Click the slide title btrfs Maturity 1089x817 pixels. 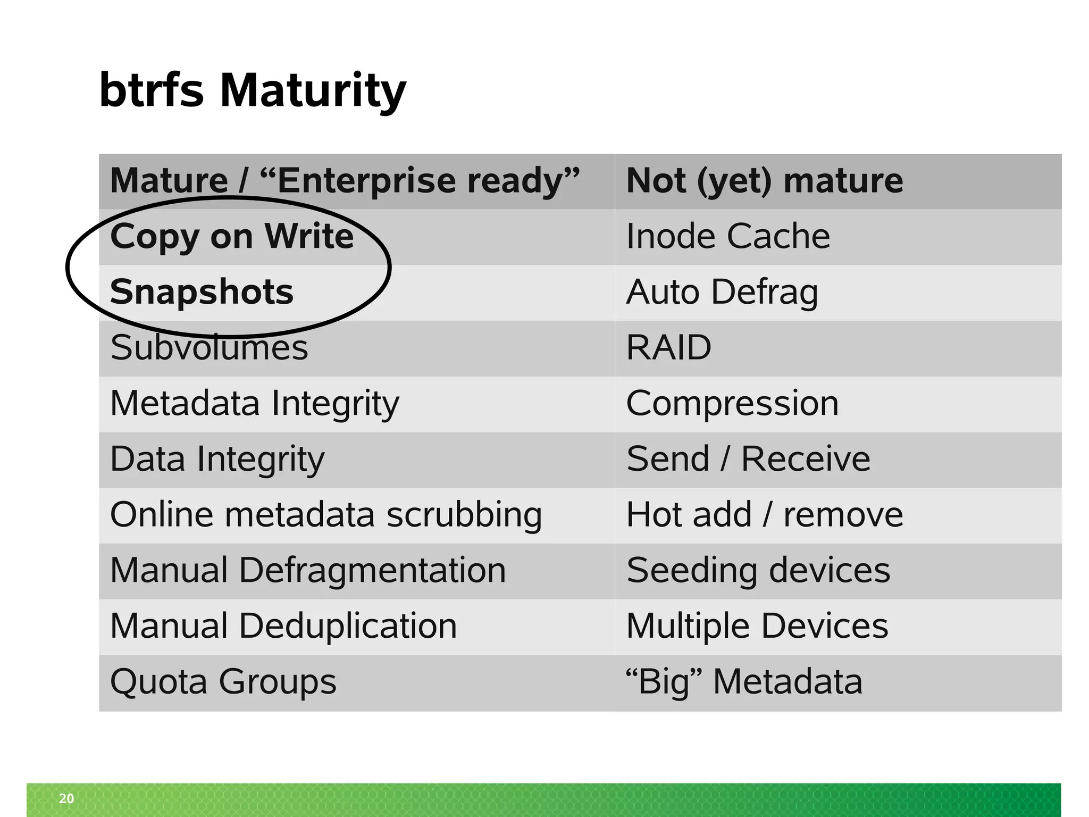pos(253,90)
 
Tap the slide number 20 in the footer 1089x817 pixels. pos(66,798)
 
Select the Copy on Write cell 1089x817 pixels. pos(232,236)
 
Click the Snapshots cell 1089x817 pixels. pos(202,292)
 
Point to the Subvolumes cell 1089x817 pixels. pos(209,348)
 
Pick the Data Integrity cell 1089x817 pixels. pos(217,459)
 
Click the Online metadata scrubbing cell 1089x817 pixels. pos(326,515)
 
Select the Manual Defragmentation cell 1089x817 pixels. pos(308,570)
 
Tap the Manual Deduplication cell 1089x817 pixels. pos(283,626)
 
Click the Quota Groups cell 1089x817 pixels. pos(223,682)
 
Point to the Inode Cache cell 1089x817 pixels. pos(728,236)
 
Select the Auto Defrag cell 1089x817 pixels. pos(722,292)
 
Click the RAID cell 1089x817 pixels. pos(668,348)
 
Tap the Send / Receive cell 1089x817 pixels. pos(748,459)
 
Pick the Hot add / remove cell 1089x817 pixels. pos(765,515)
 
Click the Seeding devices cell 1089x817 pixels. pos(758,570)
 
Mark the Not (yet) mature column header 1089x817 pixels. pos(765,181)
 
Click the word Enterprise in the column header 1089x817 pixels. pos(366,181)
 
